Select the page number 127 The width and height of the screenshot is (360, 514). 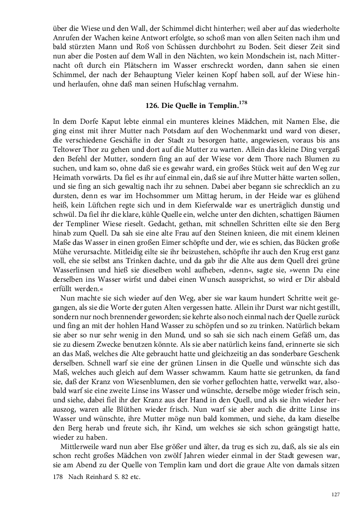(335, 494)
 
